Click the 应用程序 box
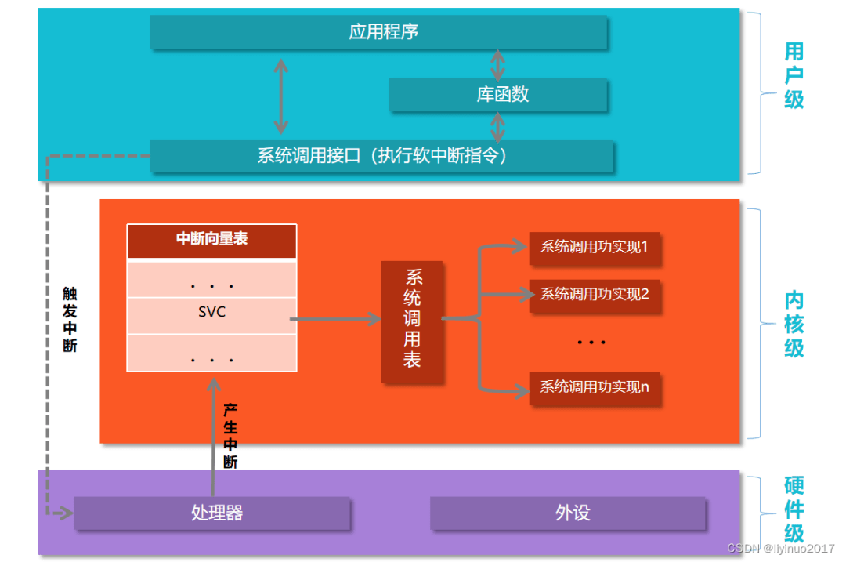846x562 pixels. point(379,32)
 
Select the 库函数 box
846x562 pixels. point(498,94)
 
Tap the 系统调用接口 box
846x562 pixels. point(381,155)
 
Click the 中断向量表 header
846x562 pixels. point(211,240)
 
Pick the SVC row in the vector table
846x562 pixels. point(211,312)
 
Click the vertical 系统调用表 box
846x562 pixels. point(412,319)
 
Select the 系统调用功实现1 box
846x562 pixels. point(595,247)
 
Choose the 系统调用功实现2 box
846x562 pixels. point(595,295)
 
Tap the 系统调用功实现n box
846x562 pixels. point(595,386)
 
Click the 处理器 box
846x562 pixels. point(212,513)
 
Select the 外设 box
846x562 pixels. point(568,513)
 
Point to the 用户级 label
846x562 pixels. point(794,76)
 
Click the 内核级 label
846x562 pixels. point(794,324)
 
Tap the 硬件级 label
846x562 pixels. point(794,509)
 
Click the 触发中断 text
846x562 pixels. point(70,319)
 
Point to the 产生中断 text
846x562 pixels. point(230,436)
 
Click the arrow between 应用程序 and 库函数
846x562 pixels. point(497,64)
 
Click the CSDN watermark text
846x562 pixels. point(780,549)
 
